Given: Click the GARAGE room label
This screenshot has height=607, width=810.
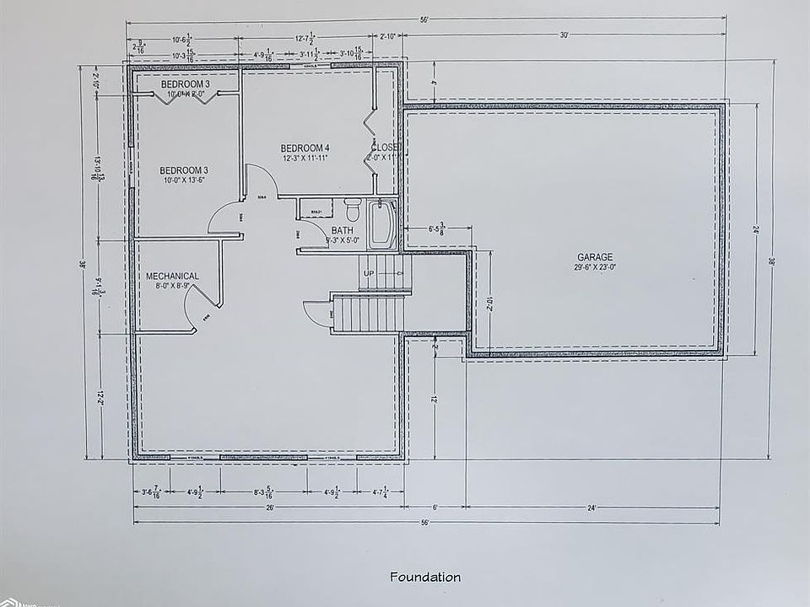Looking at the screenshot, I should [595, 257].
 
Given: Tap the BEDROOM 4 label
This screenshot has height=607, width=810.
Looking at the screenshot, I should [305, 148].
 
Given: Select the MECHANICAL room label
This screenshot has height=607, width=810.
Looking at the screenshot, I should [172, 276].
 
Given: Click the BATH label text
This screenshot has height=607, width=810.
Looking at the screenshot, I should [342, 230].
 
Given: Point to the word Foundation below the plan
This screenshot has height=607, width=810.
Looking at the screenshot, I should [425, 577].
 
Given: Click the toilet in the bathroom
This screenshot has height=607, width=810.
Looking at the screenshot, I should [354, 208].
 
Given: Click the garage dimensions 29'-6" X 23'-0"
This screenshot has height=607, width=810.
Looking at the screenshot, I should [595, 267].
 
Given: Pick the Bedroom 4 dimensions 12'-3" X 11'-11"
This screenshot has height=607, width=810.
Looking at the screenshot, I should [305, 158].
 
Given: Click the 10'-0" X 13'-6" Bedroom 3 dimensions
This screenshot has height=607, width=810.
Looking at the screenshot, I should [184, 180].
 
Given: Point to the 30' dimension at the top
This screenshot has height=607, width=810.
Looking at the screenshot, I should [563, 35].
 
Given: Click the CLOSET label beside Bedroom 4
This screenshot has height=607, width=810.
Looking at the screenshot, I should [385, 148].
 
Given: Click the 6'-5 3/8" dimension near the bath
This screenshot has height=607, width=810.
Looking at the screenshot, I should [437, 228].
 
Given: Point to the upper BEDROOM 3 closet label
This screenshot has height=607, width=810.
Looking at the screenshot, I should [185, 84].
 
